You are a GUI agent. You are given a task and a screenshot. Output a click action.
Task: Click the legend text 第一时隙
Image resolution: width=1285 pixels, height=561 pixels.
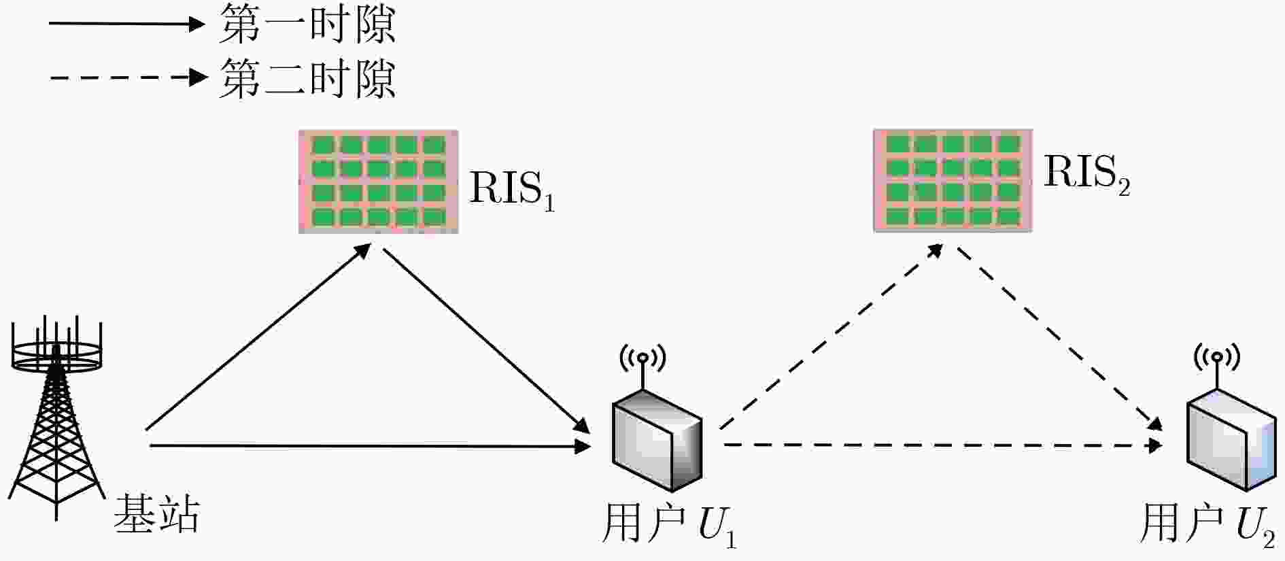click(307, 24)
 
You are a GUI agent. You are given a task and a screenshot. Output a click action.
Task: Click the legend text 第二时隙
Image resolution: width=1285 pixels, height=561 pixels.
click(307, 78)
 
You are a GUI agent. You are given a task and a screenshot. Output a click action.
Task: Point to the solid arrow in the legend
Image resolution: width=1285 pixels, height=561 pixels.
click(126, 24)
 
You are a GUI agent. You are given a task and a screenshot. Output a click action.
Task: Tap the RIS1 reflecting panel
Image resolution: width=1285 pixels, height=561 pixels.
click(378, 182)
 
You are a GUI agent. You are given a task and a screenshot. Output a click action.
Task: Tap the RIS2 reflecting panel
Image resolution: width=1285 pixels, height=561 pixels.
click(953, 180)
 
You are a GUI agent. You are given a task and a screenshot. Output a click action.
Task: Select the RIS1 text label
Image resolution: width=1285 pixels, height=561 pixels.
click(512, 190)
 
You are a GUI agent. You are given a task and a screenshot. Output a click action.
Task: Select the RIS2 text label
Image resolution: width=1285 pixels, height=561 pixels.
click(1086, 173)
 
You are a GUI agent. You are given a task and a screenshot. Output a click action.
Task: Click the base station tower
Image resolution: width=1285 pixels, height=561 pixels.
click(56, 422)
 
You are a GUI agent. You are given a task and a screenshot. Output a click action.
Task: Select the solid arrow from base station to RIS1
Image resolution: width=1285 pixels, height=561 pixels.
click(258, 337)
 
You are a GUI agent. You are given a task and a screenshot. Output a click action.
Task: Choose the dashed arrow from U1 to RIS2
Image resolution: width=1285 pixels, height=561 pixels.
click(832, 337)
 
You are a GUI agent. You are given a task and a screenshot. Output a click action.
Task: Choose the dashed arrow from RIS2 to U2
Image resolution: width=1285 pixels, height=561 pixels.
click(1059, 337)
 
